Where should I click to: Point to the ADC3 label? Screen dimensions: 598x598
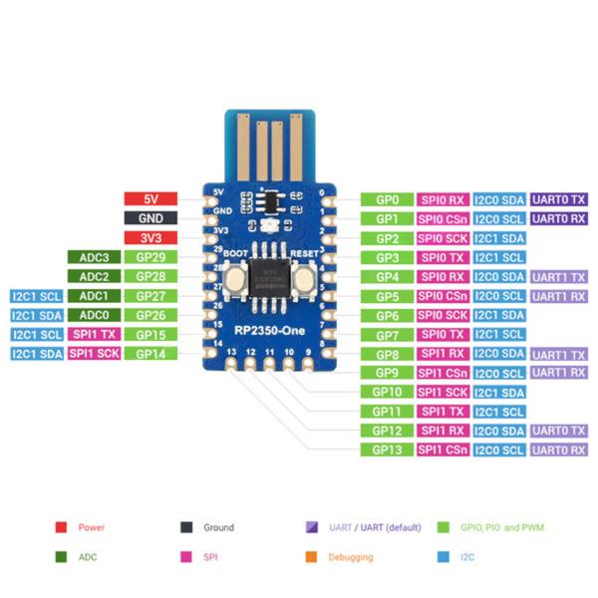pos(94,257)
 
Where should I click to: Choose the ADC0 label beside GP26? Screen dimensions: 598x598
pos(94,315)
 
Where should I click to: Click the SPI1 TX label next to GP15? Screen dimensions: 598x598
pos(94,334)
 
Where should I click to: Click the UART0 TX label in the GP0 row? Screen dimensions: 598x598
pos(558,199)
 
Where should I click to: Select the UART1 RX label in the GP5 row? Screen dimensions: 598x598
pos(558,296)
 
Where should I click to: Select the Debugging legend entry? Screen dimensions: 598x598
pos(349,557)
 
